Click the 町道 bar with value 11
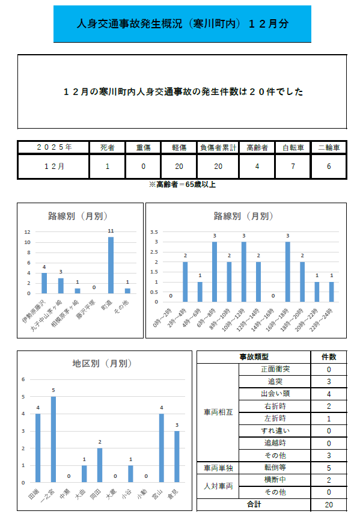point(111,265)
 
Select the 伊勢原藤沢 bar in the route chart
point(44,283)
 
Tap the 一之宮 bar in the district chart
point(53,439)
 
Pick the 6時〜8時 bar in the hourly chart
point(215,272)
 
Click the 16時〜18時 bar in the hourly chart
point(287,272)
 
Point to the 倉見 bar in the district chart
point(177,456)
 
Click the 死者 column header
point(108,147)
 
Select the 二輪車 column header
point(329,147)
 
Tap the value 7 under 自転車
point(293,167)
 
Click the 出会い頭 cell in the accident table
point(275,394)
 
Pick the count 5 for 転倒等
point(329,467)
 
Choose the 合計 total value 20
point(329,505)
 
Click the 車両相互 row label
point(218,412)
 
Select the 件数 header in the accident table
point(329,356)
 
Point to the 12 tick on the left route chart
point(28,232)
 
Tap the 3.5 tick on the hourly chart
point(154,232)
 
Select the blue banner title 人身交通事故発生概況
point(182,24)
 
